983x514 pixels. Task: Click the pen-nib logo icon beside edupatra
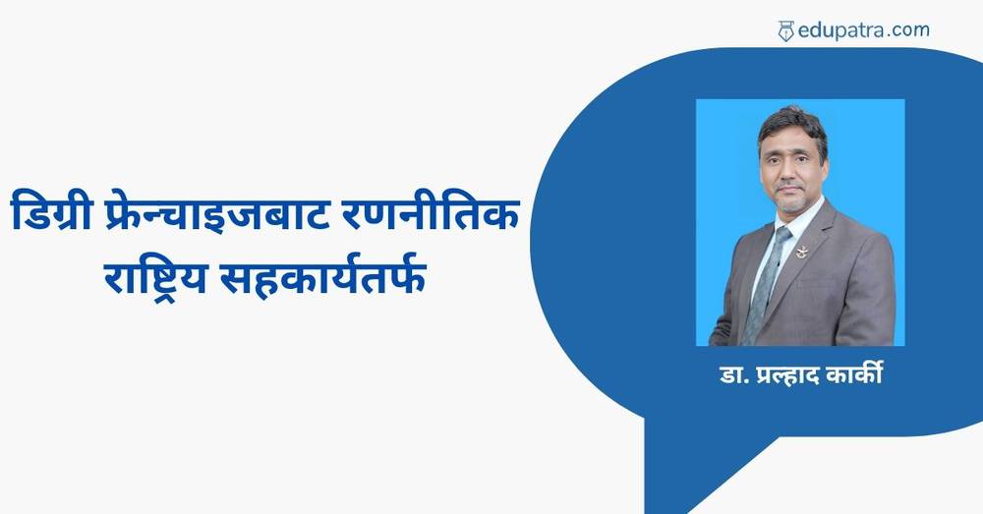pyautogui.click(x=785, y=30)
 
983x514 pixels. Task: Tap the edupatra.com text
pyautogui.click(x=863, y=30)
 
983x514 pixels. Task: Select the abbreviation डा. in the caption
pyautogui.click(x=733, y=374)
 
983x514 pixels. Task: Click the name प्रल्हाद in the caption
pyautogui.click(x=786, y=374)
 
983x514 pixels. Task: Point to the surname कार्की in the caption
pyautogui.click(x=855, y=373)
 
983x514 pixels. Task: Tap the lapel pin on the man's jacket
pyautogui.click(x=802, y=252)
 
